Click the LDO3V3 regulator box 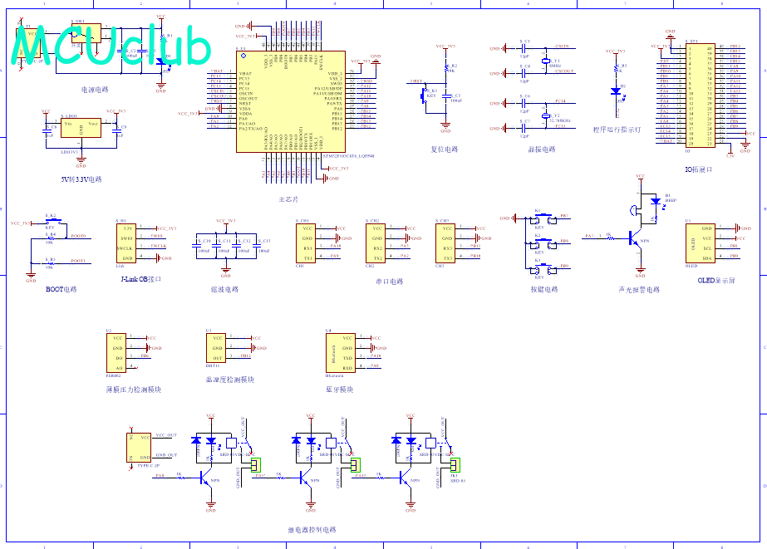click(x=81, y=129)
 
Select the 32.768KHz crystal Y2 click(x=544, y=115)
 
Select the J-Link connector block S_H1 click(x=127, y=243)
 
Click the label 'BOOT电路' click(x=61, y=290)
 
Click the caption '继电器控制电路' click(x=312, y=529)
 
